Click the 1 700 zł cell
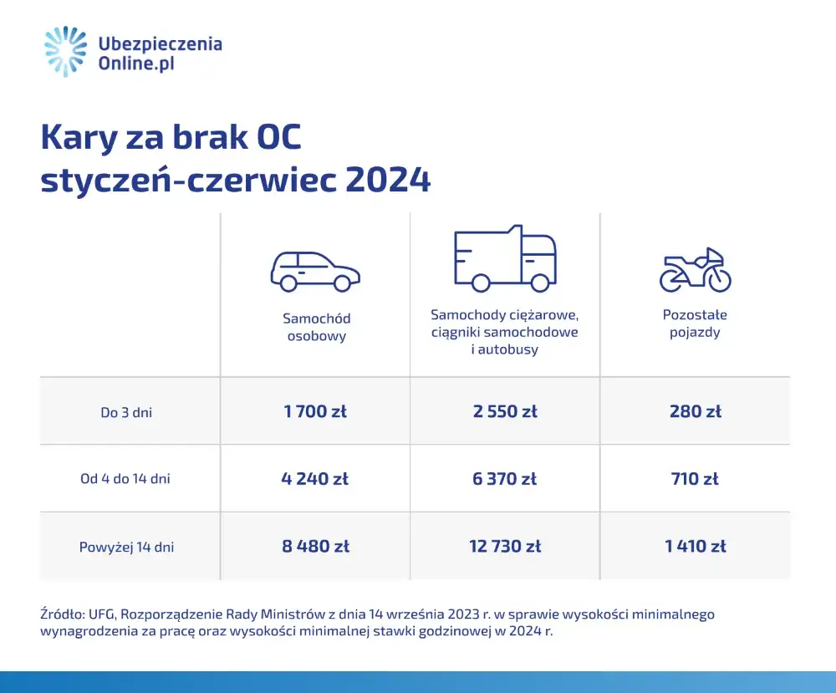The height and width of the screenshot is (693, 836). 315,411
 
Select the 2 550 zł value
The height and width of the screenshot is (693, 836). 505,411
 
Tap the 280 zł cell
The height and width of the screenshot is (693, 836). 695,411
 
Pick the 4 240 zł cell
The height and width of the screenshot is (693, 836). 315,479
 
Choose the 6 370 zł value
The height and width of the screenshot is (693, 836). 505,479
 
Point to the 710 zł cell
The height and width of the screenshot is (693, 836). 695,479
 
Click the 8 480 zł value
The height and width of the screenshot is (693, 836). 315,547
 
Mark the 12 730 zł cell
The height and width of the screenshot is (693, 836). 505,547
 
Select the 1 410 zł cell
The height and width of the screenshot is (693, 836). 695,547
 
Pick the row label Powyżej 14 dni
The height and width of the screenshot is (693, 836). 127,548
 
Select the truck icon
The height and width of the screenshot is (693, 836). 505,258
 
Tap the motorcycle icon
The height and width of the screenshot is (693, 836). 695,270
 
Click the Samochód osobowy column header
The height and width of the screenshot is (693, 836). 316,328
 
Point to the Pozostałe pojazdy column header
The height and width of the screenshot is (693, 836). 695,324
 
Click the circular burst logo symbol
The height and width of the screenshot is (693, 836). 66,52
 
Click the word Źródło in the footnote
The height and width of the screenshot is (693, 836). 62,614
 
